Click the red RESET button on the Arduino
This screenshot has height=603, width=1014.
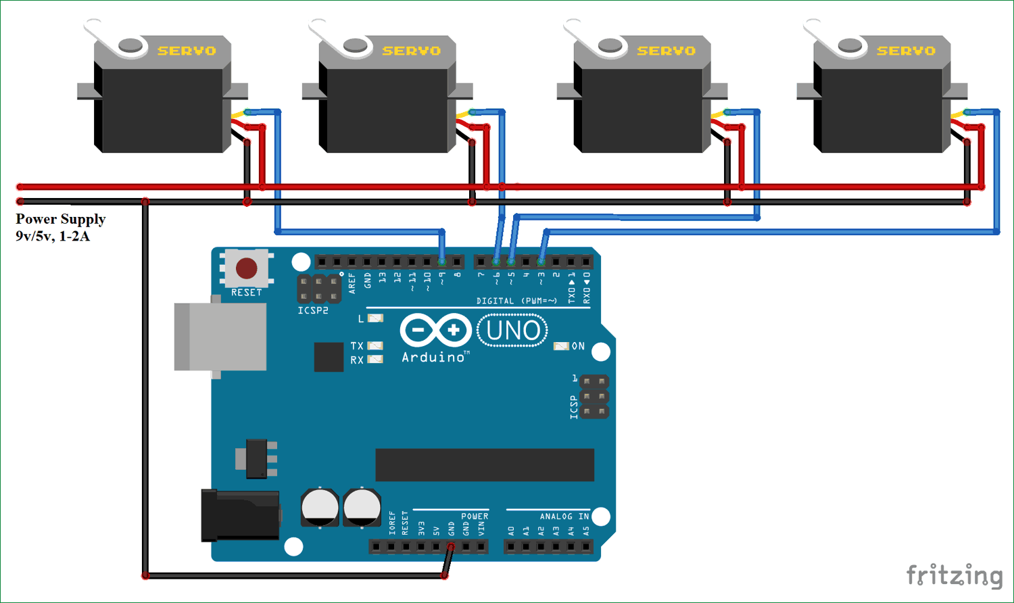point(246,268)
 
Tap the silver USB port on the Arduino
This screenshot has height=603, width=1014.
point(220,337)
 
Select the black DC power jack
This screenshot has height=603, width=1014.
point(240,516)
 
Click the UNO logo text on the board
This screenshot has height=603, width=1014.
point(512,331)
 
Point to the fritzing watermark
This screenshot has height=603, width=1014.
point(955,575)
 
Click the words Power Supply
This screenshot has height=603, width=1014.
point(61,219)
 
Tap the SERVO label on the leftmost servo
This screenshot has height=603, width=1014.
point(187,51)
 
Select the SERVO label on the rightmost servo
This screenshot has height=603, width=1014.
point(906,51)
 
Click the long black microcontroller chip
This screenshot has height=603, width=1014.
point(485,464)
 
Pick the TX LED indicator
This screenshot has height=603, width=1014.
point(375,346)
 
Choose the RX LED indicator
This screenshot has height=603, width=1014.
point(375,360)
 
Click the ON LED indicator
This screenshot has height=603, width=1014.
point(561,346)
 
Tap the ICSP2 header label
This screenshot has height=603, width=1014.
point(313,311)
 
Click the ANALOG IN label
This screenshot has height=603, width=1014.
point(564,516)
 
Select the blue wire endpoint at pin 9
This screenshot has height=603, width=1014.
point(442,261)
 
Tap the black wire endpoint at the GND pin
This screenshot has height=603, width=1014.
point(451,546)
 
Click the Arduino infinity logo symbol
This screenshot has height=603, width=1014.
point(435,331)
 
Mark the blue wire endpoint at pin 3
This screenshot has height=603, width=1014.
point(541,261)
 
